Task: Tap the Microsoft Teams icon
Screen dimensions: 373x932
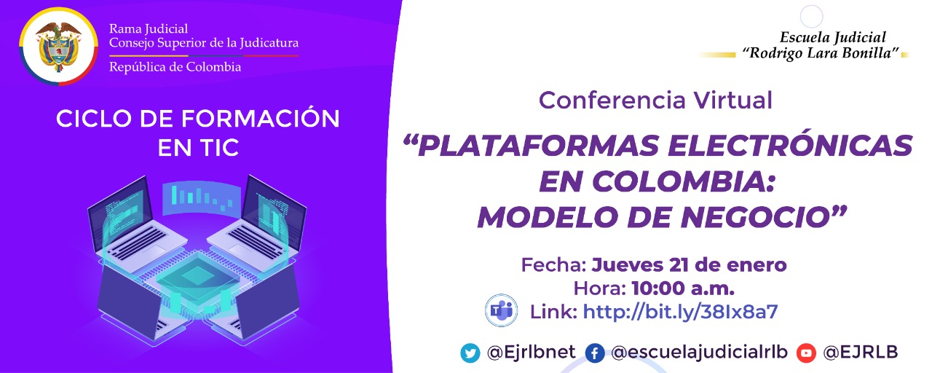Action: tap(500, 311)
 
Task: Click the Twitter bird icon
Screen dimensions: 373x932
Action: tap(470, 353)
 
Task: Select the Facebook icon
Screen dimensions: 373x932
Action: tap(594, 353)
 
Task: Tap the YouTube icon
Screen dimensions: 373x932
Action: tap(806, 353)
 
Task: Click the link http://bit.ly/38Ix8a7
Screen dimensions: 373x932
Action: tap(680, 312)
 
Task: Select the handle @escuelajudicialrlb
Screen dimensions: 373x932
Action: tap(700, 353)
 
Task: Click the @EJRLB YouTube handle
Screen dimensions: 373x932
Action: tap(860, 353)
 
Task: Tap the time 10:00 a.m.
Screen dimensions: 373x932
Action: tap(682, 288)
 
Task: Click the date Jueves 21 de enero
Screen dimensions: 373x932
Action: tap(689, 264)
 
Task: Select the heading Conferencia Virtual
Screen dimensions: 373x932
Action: tap(655, 101)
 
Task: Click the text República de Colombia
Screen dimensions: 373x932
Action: tap(175, 67)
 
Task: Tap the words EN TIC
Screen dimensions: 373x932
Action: tap(198, 148)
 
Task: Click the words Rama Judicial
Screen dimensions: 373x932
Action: tap(149, 28)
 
